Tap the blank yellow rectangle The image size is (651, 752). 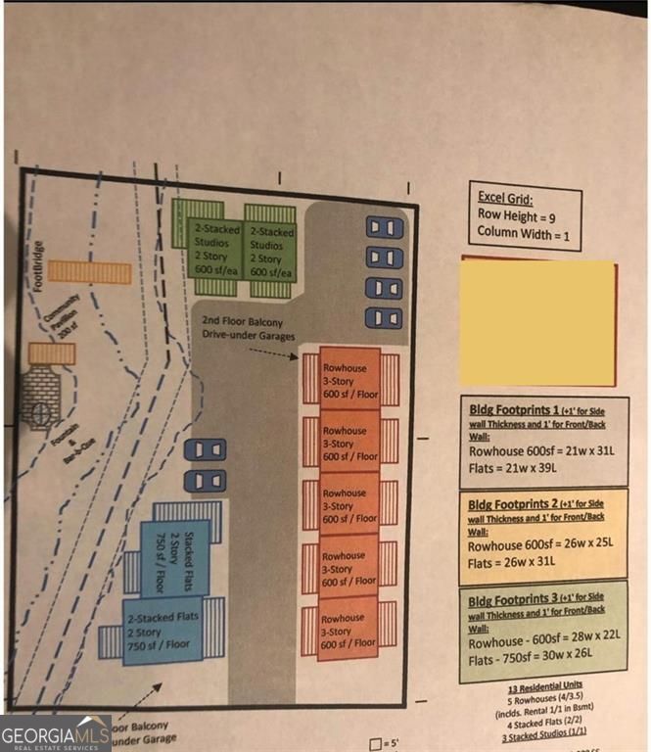(x=538, y=322)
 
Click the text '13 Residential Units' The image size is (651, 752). (x=540, y=689)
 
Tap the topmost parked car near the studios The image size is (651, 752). (x=385, y=227)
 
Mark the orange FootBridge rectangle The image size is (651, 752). (x=89, y=272)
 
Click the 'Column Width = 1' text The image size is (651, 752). (x=524, y=233)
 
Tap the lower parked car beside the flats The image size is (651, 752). (x=205, y=481)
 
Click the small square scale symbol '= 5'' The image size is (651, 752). (x=375, y=742)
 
